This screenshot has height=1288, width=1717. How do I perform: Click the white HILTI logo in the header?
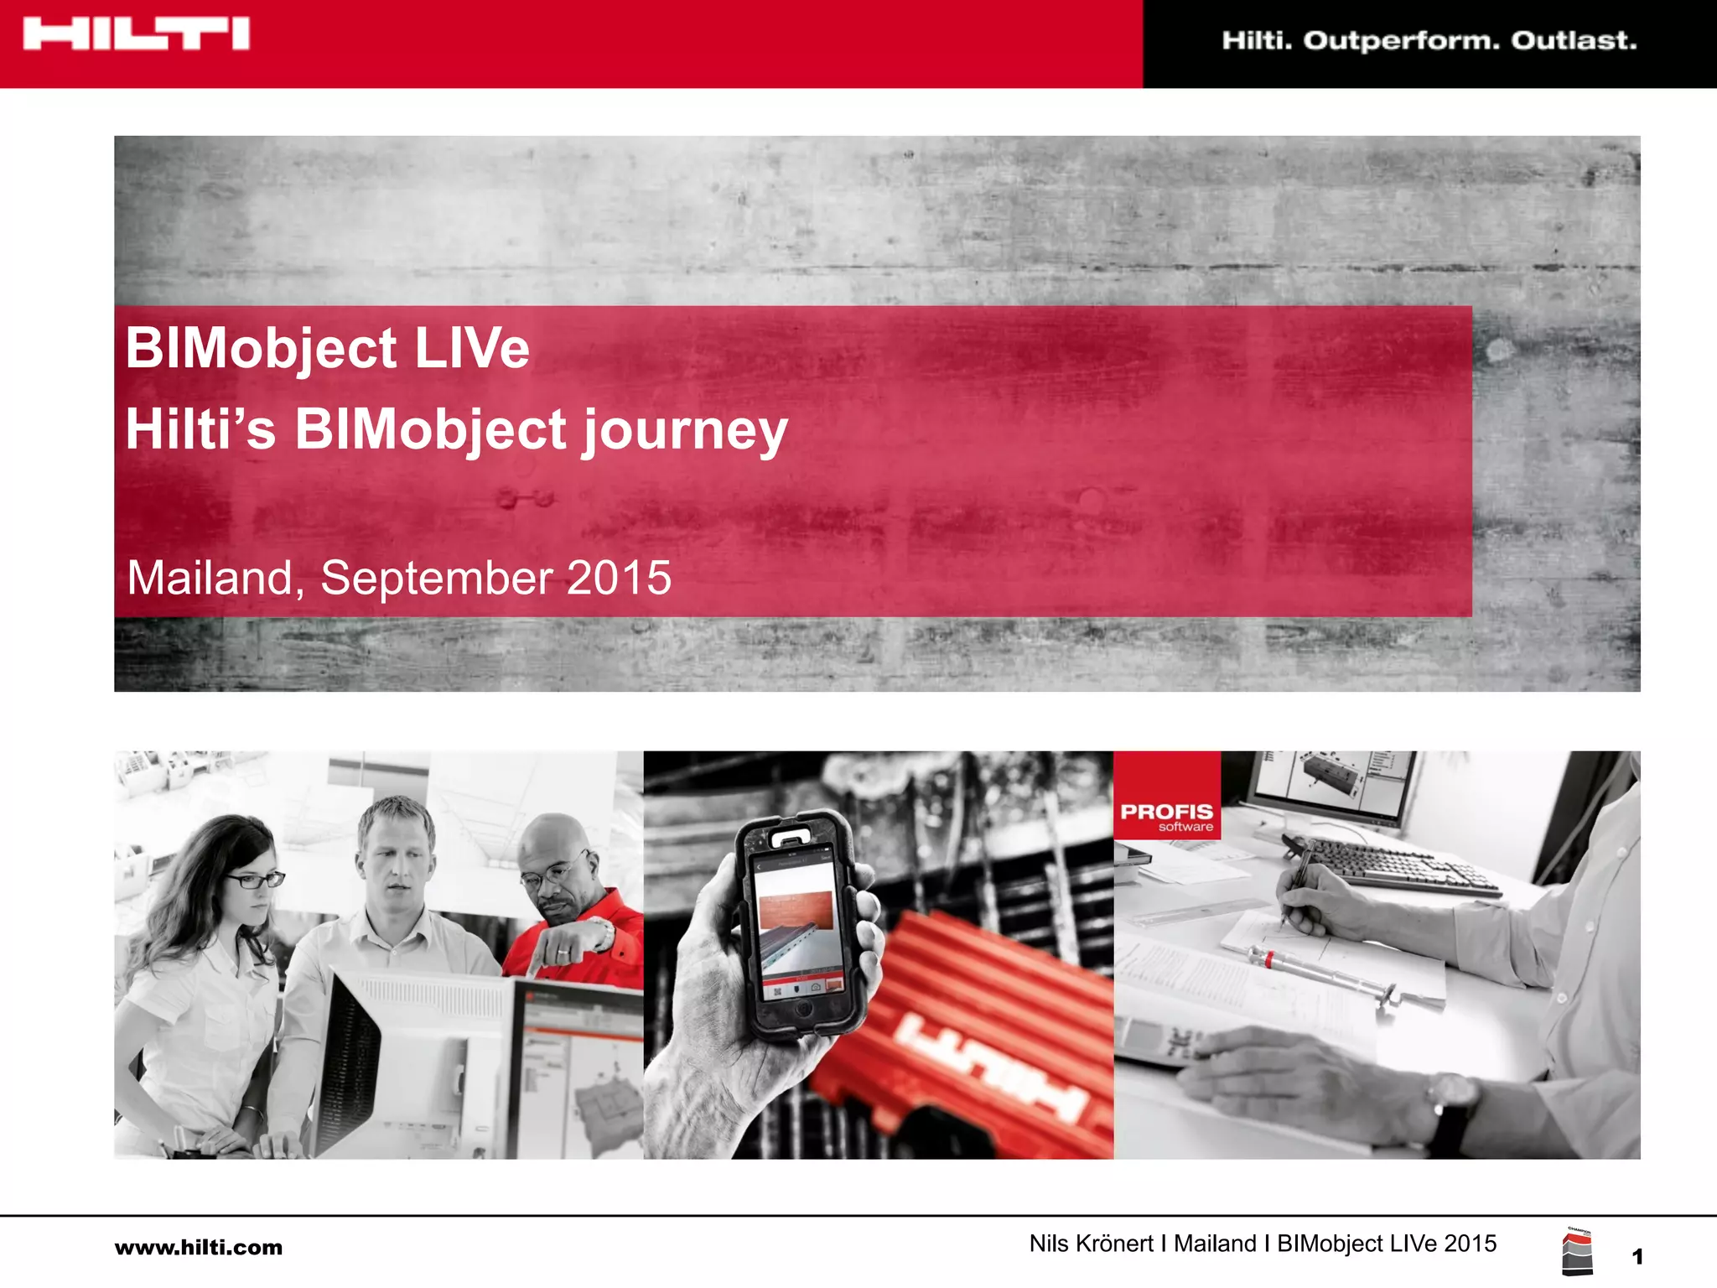tap(136, 34)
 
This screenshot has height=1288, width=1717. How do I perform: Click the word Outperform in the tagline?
tap(1401, 40)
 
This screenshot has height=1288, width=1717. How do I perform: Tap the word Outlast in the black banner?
tap(1574, 40)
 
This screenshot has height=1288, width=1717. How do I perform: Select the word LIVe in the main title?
tap(472, 348)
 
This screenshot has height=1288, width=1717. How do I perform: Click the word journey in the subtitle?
tap(685, 430)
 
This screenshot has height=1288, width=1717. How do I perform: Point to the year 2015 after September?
tap(619, 578)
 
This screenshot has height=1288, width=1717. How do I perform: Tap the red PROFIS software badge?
tap(1166, 796)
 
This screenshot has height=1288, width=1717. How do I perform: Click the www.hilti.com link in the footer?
tap(199, 1247)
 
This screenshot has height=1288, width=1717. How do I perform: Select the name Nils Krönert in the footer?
tap(1091, 1244)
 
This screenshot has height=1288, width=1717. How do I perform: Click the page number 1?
tap(1637, 1256)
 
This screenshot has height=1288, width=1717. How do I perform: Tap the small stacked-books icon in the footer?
tap(1577, 1253)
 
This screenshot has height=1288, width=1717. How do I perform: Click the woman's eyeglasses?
tap(254, 880)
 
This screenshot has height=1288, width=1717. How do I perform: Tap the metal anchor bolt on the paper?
tap(1325, 974)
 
